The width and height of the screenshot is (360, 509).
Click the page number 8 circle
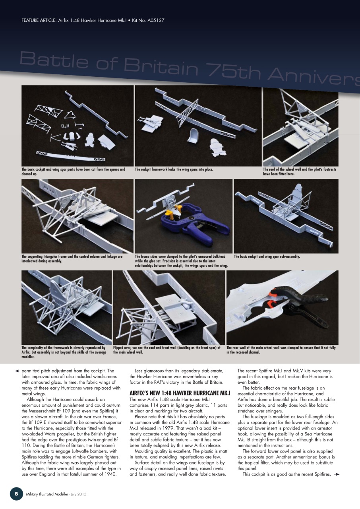click(x=16, y=493)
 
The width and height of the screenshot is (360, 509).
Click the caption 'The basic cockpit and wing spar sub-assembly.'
click(x=267, y=256)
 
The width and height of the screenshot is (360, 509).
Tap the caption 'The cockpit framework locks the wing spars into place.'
click(x=174, y=170)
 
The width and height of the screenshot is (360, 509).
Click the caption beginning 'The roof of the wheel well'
click(x=300, y=171)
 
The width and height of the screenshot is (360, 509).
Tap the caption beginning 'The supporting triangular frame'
click(x=72, y=258)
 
